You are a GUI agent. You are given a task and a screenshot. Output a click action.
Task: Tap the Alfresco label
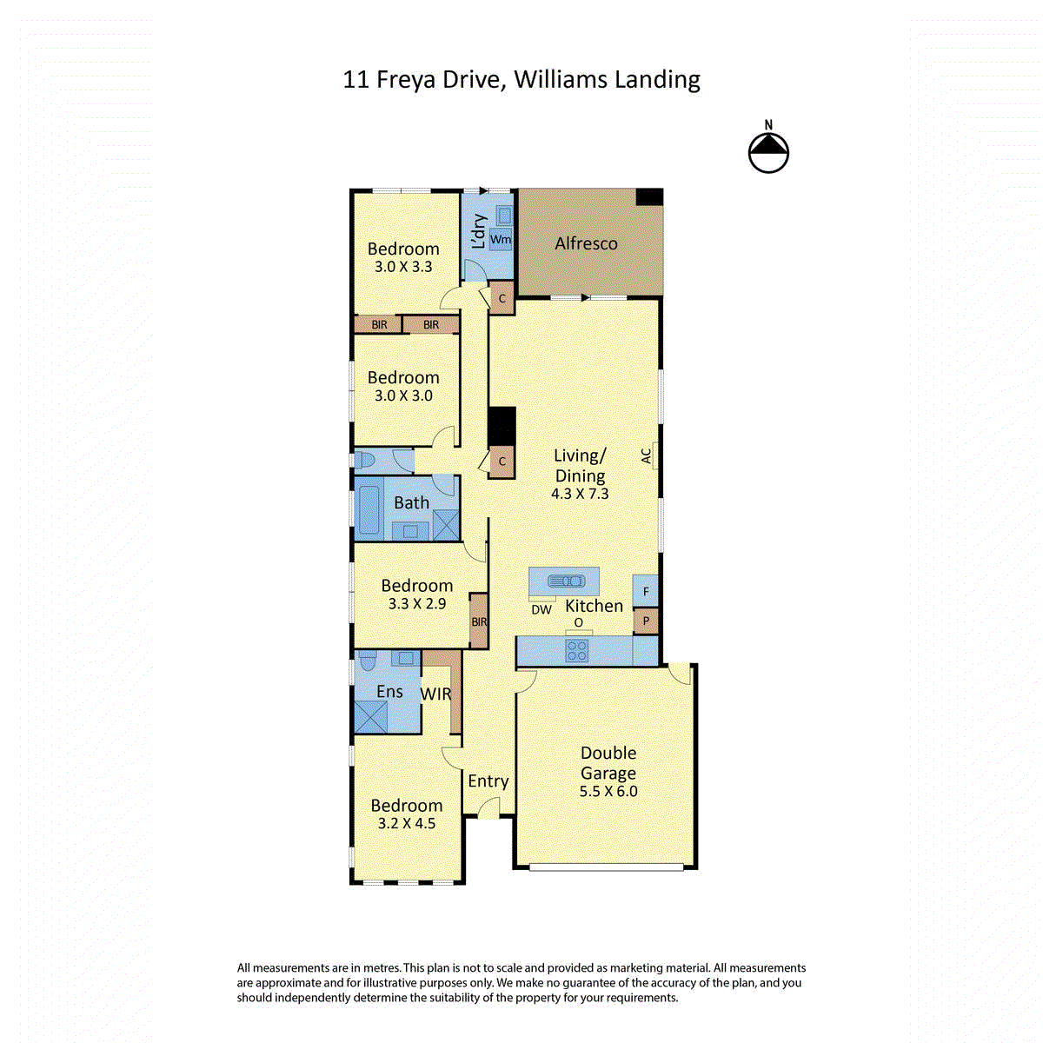(x=586, y=243)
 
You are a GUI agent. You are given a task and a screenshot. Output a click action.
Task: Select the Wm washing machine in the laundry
(x=501, y=239)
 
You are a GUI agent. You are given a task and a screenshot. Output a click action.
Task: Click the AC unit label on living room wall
(x=647, y=455)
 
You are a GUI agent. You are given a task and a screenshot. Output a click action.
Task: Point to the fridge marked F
(x=645, y=590)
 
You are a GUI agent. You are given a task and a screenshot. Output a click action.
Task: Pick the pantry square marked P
(x=646, y=621)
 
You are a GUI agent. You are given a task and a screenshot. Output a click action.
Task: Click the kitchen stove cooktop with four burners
(x=576, y=651)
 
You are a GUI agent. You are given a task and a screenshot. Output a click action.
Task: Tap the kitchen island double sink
(x=566, y=581)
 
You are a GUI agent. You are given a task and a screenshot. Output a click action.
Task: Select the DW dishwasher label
(x=541, y=610)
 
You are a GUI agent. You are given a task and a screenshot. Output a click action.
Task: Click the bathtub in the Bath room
(x=369, y=509)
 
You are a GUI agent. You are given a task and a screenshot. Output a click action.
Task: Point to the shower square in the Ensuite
(x=371, y=717)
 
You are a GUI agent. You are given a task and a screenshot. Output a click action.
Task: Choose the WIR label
(x=435, y=694)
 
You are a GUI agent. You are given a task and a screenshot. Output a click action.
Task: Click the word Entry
(x=488, y=781)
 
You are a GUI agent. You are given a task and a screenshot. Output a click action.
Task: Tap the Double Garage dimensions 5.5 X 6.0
(x=608, y=791)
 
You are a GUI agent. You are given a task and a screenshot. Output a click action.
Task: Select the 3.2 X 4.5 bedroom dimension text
(x=407, y=823)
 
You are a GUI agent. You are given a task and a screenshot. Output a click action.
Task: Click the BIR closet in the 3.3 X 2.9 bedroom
(x=478, y=621)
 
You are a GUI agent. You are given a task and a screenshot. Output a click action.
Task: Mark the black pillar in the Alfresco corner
(x=649, y=197)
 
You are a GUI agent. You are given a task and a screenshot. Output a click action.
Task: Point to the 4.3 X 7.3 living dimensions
(x=580, y=494)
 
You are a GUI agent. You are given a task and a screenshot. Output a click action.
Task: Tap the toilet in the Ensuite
(x=368, y=661)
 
